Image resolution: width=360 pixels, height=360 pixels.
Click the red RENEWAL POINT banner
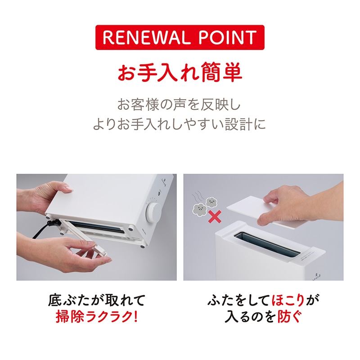(x=180, y=37)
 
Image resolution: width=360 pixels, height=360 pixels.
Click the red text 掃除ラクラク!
(x=96, y=317)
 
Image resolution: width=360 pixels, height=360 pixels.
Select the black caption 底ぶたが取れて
(x=96, y=300)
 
